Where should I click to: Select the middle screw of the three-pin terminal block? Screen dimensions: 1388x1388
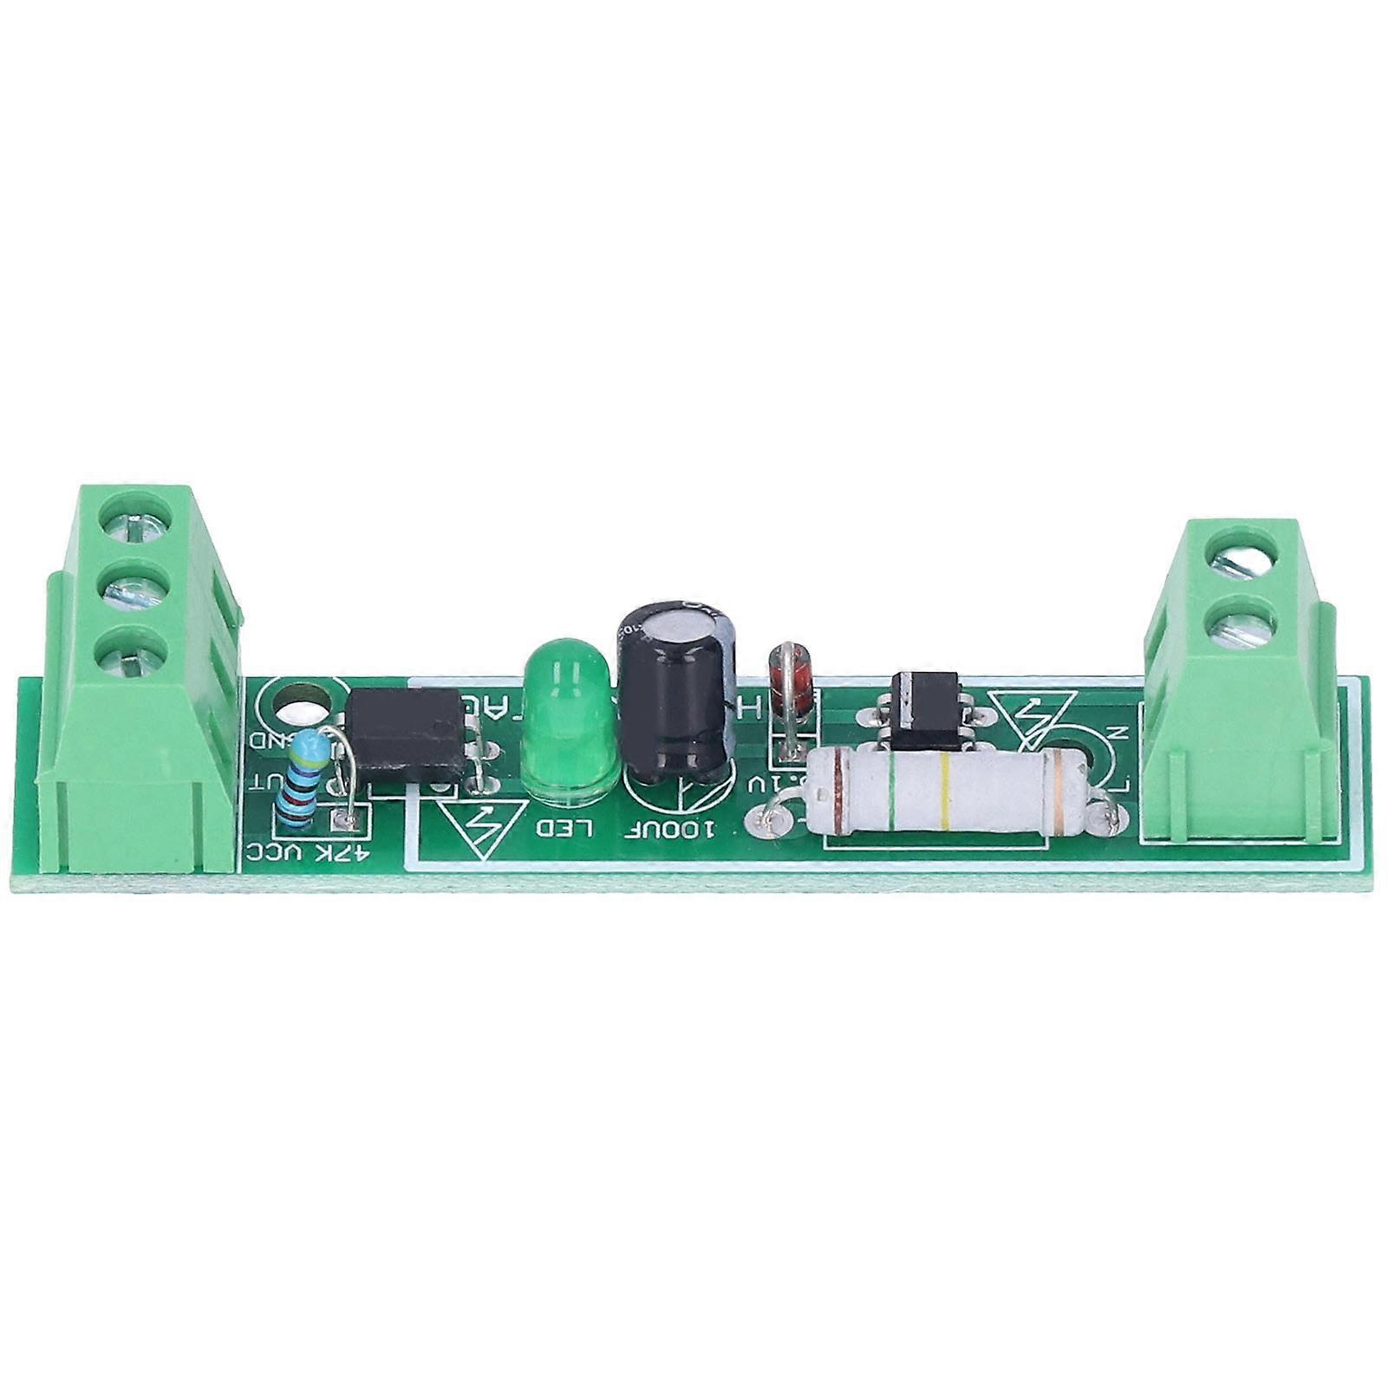134,590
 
